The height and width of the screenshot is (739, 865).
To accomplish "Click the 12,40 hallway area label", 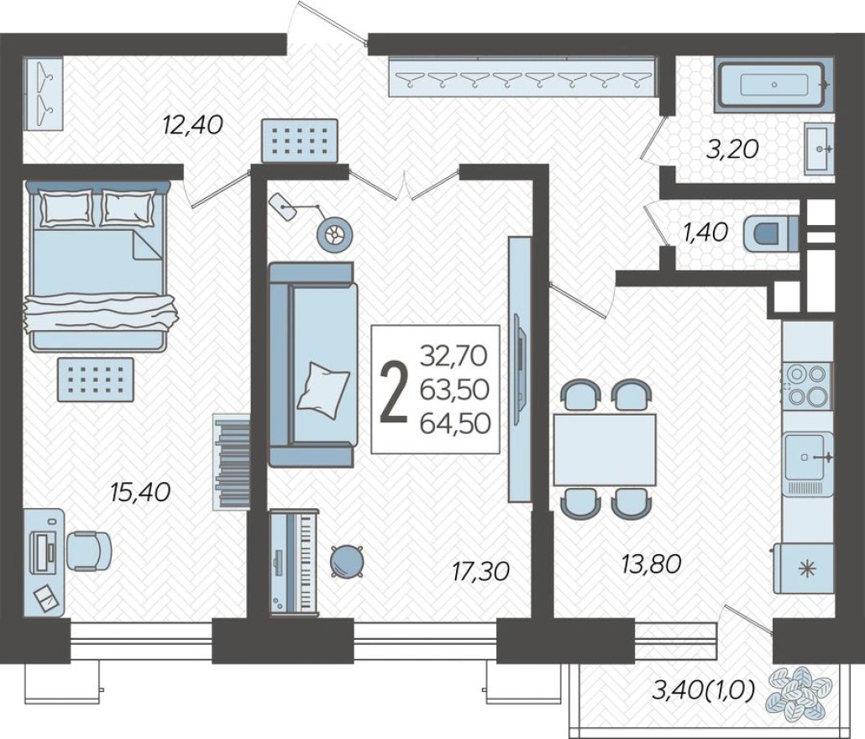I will pos(192,126).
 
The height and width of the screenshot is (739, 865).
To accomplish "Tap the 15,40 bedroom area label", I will pos(140,492).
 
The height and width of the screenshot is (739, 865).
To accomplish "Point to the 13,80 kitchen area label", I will pos(651,563).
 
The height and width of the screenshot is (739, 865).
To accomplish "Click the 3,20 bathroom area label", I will pos(732,149).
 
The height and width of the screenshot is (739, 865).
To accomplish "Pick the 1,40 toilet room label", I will pos(705,233).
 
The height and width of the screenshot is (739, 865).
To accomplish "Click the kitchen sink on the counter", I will pos(808,459).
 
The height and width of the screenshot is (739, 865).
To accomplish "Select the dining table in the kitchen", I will pos(604,448).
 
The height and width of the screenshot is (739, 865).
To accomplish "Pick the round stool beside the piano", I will pos(347,560).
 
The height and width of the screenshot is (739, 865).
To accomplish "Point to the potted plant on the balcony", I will pos(799,694).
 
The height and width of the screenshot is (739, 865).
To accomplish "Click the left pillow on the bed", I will pos(66,207).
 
